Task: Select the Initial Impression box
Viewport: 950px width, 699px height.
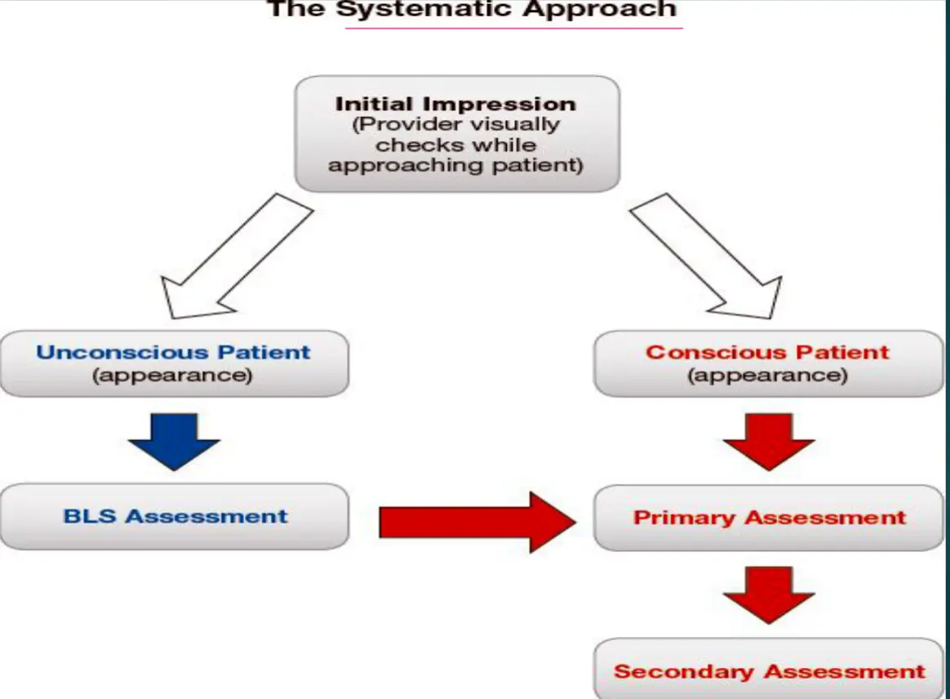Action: (x=456, y=134)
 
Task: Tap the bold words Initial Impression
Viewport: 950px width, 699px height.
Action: (x=455, y=105)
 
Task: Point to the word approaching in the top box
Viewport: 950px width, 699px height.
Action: (x=391, y=165)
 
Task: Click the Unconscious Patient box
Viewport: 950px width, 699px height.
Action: (x=174, y=363)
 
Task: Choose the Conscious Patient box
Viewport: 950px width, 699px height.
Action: (x=768, y=363)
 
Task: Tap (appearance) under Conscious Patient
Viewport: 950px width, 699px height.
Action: (x=767, y=376)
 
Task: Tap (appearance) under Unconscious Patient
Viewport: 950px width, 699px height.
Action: (x=172, y=376)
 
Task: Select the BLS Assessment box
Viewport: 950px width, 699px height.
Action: (x=174, y=516)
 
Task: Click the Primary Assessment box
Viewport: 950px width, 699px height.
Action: (x=768, y=518)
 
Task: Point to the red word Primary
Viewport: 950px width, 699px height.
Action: (x=685, y=518)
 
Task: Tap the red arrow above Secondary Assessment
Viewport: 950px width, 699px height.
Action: (x=768, y=594)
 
